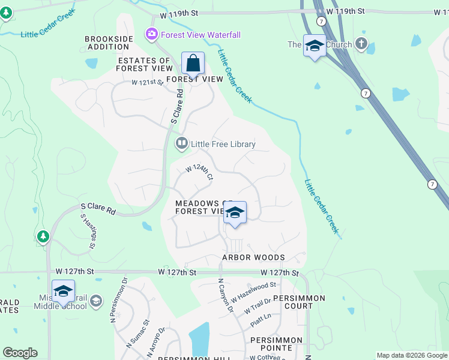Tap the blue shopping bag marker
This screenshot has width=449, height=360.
pyautogui.click(x=193, y=62)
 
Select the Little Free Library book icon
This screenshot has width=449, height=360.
pyautogui.click(x=181, y=143)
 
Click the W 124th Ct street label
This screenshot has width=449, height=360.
pyautogui.click(x=199, y=172)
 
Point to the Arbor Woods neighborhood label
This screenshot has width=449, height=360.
pyautogui.click(x=253, y=257)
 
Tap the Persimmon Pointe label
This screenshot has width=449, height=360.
pyautogui.click(x=277, y=344)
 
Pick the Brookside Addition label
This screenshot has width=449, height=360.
pyautogui.click(x=109, y=43)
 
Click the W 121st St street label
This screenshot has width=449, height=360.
pyautogui.click(x=147, y=82)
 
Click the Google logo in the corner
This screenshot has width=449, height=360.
pyautogui.click(x=20, y=353)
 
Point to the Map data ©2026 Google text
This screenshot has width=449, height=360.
pyautogui.click(x=411, y=355)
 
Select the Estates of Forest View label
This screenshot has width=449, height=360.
pyautogui.click(x=145, y=65)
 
